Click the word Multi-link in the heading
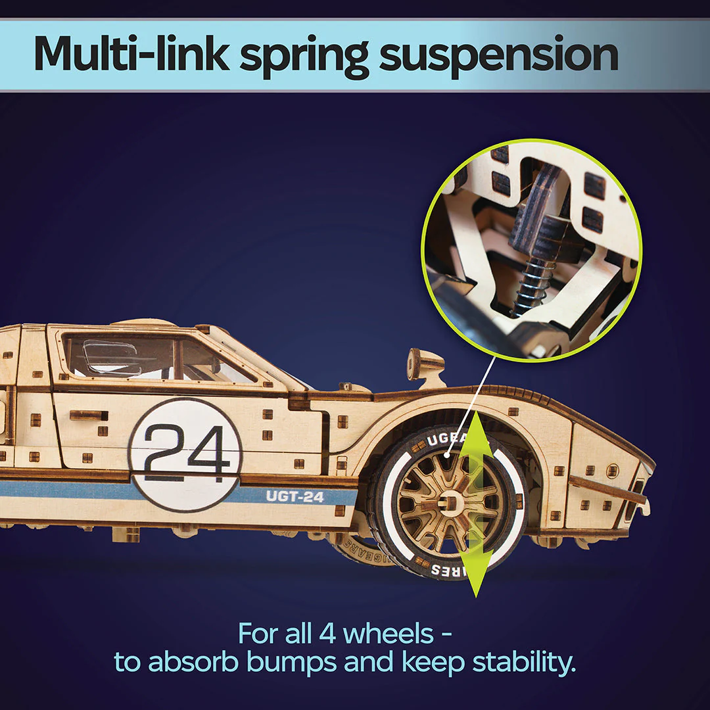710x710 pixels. pos(129,56)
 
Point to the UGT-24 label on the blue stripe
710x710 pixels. pos(295,497)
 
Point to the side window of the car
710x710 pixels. pos(158,359)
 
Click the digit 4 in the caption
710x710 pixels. pos(327,634)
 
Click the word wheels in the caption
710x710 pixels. pos(388,634)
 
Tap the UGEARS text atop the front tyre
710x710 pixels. pos(448,438)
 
